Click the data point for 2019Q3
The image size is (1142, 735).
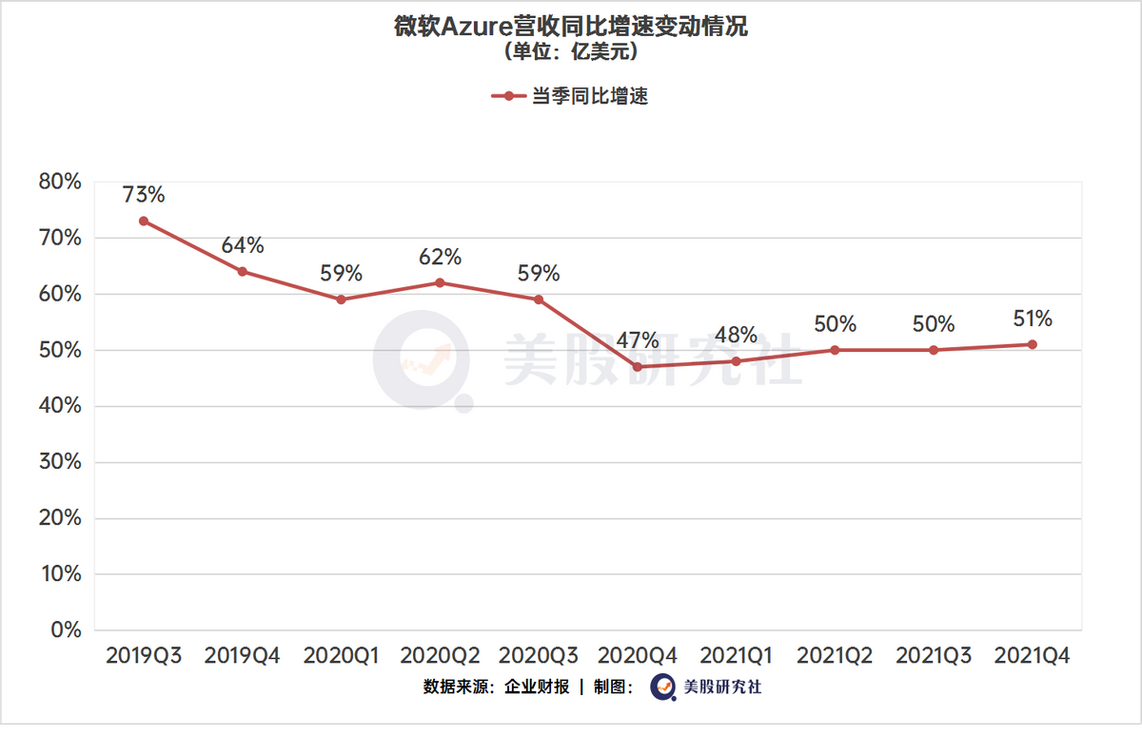[144, 221]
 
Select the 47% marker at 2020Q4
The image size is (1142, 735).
[637, 367]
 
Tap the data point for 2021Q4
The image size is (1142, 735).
[1032, 344]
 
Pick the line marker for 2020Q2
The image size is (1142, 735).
[440, 282]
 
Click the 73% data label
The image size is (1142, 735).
[144, 195]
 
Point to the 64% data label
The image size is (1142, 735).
[243, 245]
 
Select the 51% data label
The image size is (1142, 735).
[1032, 319]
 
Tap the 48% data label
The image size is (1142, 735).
[736, 336]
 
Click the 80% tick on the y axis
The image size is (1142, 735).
[59, 182]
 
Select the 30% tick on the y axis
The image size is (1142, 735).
[59, 462]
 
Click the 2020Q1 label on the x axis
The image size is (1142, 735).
[341, 656]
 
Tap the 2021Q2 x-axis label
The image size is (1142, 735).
[835, 656]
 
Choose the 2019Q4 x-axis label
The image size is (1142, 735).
[243, 656]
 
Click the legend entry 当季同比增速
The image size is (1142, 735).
[589, 96]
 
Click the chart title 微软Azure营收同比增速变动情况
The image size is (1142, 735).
[571, 27]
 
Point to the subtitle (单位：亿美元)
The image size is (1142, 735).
[571, 52]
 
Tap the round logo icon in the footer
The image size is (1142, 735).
[663, 687]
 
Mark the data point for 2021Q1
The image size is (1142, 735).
[736, 361]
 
